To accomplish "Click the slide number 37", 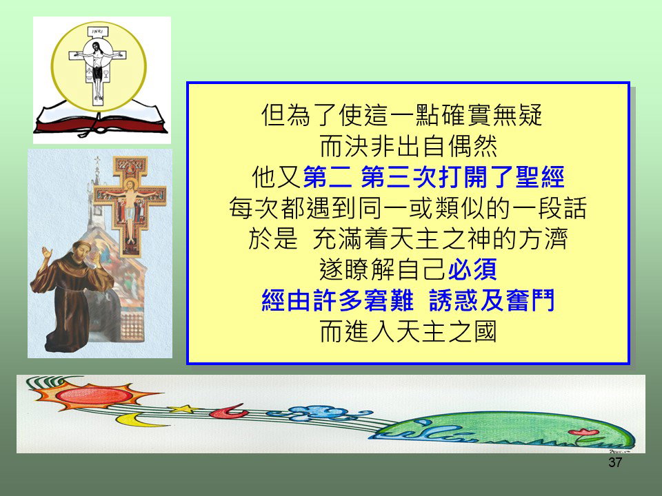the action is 615,462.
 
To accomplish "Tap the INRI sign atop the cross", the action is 98,32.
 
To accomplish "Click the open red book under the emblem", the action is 101,118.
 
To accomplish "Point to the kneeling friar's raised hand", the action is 46,254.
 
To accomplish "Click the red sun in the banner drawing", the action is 95,395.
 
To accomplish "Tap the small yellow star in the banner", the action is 184,409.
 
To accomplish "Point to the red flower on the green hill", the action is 583,432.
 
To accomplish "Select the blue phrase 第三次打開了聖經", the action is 462,177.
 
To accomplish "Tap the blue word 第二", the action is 327,177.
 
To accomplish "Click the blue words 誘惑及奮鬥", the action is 492,301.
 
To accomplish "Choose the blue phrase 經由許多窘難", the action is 337,301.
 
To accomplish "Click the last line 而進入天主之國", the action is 408,331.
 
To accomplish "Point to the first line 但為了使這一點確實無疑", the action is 401,115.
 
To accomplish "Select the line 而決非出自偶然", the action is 408,146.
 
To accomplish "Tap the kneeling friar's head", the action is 82,252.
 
